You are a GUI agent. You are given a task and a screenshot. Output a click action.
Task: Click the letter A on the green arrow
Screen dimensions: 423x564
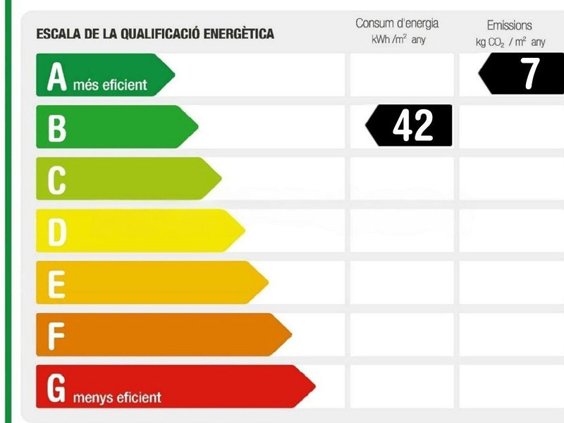point(56,76)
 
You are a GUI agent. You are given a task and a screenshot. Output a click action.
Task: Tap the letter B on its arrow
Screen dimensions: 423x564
point(56,128)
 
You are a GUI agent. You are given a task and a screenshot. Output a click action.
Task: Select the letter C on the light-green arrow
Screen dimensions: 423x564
point(56,180)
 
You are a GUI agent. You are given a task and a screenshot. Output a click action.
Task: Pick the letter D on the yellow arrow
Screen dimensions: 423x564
point(56,232)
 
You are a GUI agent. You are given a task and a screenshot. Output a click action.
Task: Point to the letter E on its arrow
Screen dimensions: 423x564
point(56,283)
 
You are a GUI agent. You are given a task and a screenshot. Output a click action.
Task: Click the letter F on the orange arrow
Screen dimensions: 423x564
point(56,336)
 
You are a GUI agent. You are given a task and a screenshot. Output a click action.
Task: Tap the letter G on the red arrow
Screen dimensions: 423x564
point(56,387)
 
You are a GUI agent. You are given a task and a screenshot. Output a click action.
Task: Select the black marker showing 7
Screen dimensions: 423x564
point(522,74)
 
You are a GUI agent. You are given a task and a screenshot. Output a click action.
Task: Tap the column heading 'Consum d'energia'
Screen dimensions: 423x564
point(397,24)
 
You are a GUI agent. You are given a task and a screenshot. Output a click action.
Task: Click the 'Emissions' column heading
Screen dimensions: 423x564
point(509,25)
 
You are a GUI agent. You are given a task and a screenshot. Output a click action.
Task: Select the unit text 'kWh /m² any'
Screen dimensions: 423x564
point(398,40)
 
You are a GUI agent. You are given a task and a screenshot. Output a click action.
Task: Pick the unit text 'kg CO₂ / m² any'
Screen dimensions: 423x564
point(510,42)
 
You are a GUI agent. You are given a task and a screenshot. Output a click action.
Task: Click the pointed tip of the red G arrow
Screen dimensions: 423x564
point(314,386)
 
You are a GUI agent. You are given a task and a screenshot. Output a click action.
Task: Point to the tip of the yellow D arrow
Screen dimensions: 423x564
point(244,231)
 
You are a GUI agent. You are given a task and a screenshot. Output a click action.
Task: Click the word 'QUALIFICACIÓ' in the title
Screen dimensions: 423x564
point(157,33)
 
